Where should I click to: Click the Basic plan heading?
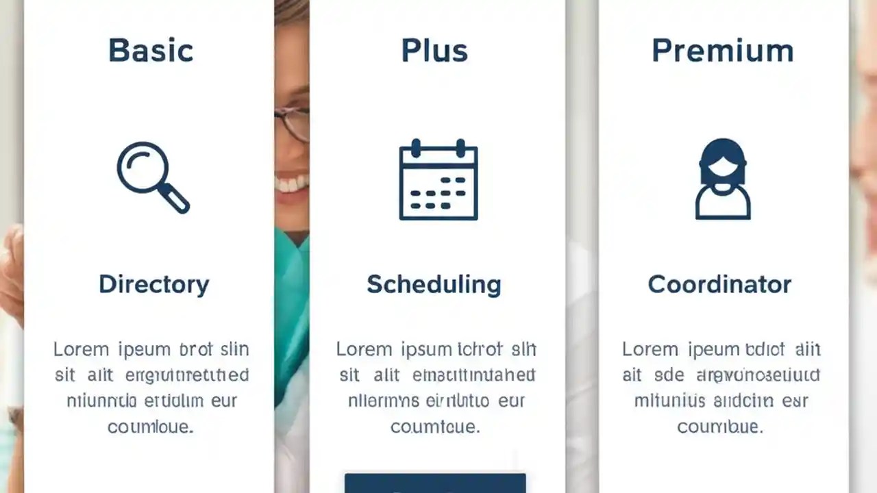tap(151, 51)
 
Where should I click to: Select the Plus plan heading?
tap(434, 51)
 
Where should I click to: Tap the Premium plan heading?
tap(722, 51)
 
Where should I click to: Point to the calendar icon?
tap(438, 180)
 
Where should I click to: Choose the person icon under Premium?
tap(723, 179)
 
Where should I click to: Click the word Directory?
tap(153, 284)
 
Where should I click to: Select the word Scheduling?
tap(434, 284)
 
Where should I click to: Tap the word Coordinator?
tap(719, 284)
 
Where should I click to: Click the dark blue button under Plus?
tap(435, 483)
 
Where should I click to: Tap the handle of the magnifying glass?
tap(175, 199)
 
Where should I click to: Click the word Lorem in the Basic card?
tap(81, 349)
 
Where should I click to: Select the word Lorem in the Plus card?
tap(363, 349)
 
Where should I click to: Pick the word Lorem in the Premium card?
tap(650, 349)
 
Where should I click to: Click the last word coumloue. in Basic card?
tap(150, 427)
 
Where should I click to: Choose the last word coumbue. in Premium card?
tap(719, 427)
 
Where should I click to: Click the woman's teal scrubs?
tap(291, 301)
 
